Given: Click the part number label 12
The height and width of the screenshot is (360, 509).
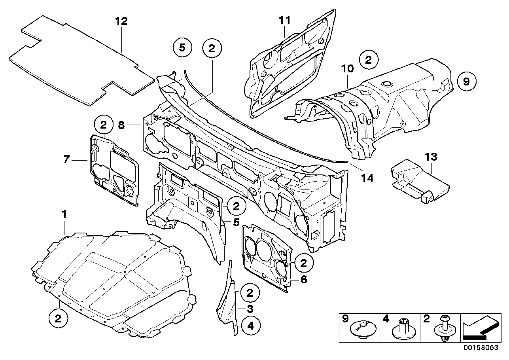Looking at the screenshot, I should click(121, 21).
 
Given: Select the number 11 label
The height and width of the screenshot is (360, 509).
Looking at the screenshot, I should click(284, 21).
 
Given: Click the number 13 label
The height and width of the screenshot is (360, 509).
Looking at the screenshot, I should click(431, 157).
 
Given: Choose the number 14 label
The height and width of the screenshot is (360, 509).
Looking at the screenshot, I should click(367, 178).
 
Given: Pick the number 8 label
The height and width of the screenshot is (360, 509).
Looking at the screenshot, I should click(121, 125).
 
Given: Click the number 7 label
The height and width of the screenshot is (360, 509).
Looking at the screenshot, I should click(66, 160).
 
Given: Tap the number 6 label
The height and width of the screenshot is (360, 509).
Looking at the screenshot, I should click(303, 279).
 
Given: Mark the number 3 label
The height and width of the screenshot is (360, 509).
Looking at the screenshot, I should click(250, 309).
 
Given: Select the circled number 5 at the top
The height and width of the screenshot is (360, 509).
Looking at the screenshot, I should click(182, 48).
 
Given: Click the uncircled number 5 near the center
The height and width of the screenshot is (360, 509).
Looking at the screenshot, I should click(236, 222).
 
